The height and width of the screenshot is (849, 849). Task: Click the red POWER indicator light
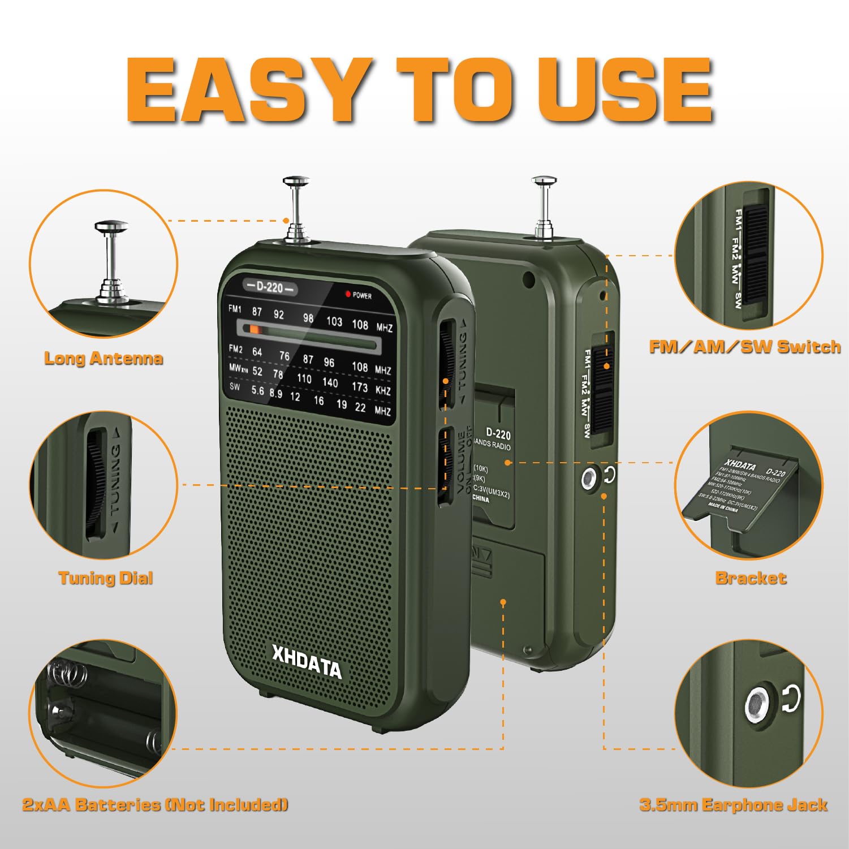click(x=348, y=294)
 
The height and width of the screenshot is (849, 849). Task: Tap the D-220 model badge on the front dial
click(x=270, y=287)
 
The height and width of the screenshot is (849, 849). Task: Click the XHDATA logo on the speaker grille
click(x=307, y=662)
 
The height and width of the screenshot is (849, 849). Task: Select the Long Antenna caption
click(x=104, y=358)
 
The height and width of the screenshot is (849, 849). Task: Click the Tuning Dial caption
click(x=106, y=578)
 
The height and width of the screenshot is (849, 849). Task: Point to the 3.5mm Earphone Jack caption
click(x=734, y=805)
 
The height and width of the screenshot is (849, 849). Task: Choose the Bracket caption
click(x=751, y=578)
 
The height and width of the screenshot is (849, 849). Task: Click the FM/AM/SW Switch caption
click(x=744, y=347)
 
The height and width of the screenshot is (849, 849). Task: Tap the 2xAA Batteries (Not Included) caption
click(x=155, y=804)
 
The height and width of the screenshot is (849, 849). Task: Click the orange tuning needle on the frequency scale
click(x=255, y=329)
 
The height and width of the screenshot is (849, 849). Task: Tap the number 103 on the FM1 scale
click(x=334, y=321)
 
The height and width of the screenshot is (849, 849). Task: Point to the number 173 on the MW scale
click(x=360, y=387)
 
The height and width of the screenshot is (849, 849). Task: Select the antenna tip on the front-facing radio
click(x=296, y=182)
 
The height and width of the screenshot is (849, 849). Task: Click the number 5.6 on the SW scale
click(x=257, y=390)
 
